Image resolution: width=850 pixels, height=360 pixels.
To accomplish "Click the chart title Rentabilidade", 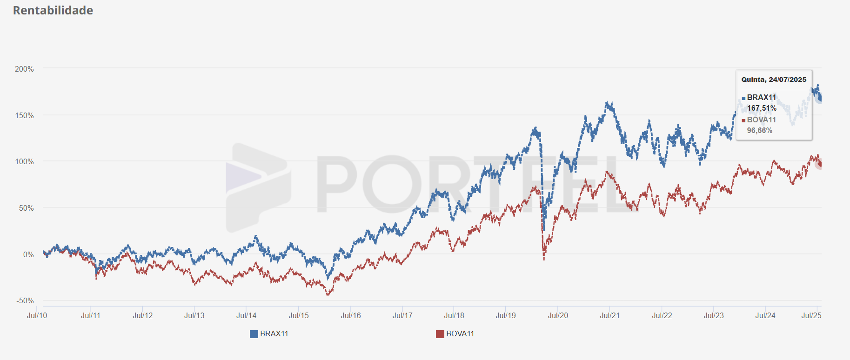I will pos(53,10).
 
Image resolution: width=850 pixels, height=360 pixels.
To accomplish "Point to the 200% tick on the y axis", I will pos(24,69).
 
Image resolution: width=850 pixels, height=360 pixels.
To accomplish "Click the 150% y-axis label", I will pos(24,115).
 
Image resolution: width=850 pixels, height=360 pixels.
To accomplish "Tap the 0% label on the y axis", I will pos(28,254).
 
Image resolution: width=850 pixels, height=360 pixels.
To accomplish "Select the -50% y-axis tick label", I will pos(25,301).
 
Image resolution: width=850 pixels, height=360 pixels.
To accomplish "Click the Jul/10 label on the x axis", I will pos(37,315).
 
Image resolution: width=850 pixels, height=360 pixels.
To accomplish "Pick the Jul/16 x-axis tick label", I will pos(351,315).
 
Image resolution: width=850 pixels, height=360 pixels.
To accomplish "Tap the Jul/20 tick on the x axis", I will pos(558,315).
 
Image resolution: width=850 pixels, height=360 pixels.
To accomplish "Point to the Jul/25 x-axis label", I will pos(811,315).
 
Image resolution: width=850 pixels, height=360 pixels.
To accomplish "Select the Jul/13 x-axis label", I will pos(194,315).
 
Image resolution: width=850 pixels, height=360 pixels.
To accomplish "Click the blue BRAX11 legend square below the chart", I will pos(254,334).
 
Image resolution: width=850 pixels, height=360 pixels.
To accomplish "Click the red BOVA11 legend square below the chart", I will pos(440,334).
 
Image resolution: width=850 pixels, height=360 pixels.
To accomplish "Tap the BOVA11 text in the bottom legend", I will pos(460,334).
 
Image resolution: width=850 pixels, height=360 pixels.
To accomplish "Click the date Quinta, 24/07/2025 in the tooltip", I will pos(774,80).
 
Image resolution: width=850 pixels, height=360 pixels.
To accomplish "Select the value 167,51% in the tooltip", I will pos(762,108).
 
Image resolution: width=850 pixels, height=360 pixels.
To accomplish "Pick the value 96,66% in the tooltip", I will pos(760,131).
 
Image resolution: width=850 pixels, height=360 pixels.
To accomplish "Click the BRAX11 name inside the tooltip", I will pos(762,97).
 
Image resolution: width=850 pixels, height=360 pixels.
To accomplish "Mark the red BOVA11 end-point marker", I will pos(820,164).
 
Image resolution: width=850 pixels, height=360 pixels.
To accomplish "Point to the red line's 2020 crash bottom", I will pos(544,259).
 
